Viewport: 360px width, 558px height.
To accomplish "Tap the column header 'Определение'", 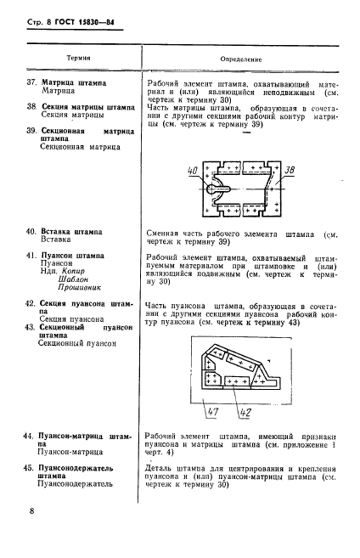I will click(240, 60).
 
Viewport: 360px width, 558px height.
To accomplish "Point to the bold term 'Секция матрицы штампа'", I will click(87, 108).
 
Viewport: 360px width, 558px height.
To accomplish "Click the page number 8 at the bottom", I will click(31, 511).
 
